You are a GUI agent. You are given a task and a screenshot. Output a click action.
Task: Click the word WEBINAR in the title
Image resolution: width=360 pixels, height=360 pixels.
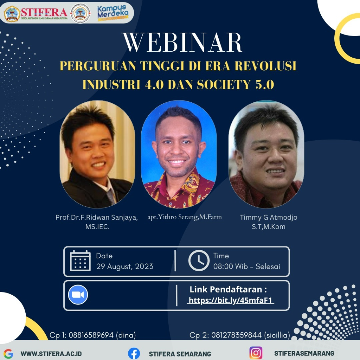(x=183, y=43)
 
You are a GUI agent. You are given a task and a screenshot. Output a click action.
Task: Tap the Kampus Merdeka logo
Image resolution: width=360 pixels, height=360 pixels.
(x=112, y=13)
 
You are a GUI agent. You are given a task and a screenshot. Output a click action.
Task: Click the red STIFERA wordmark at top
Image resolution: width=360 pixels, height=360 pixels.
(x=44, y=12)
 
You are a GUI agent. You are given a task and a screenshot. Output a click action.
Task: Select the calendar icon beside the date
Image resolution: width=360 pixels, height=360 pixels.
(x=80, y=261)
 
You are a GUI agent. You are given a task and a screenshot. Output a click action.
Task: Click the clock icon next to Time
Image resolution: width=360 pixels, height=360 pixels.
(x=199, y=261)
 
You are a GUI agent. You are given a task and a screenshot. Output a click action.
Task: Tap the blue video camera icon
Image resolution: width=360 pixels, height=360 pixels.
(x=78, y=295)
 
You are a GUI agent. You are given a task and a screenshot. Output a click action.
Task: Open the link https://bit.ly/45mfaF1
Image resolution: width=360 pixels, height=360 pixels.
(x=230, y=300)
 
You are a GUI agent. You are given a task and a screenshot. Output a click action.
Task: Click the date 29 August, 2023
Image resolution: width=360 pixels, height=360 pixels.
(x=125, y=266)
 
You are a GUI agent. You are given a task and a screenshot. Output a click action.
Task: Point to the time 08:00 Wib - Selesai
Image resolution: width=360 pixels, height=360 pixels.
(x=246, y=266)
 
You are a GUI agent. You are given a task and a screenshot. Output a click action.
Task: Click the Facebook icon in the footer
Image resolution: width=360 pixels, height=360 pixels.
(x=134, y=353)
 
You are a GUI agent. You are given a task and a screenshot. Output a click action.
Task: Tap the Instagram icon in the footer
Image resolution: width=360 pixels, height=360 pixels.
(x=256, y=353)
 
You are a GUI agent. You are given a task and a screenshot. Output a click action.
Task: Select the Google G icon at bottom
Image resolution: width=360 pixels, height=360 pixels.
(x=8, y=354)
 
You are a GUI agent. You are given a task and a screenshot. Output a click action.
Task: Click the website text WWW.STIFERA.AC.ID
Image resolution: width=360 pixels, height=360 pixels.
(x=51, y=354)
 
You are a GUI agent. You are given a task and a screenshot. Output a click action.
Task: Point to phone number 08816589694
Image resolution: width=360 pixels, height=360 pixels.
(x=91, y=335)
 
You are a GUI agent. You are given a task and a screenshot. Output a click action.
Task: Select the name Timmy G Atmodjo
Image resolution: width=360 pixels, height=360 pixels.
(x=268, y=217)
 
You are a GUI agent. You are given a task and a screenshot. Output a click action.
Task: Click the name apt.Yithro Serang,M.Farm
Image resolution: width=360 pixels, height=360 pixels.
(x=185, y=217)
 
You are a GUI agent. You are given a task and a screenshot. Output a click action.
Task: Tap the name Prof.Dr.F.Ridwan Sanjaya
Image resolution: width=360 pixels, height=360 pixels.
(x=97, y=217)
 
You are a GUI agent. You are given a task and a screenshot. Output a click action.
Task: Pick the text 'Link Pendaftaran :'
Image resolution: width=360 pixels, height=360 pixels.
(x=228, y=290)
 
